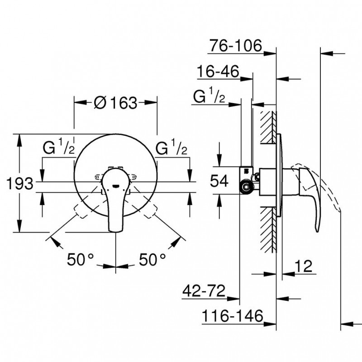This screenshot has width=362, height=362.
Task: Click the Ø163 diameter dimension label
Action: coord(116,103)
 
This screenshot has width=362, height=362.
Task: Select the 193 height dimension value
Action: coord(20,184)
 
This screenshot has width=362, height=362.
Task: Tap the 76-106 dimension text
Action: coord(236,46)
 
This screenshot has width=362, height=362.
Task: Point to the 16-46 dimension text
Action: coord(218,71)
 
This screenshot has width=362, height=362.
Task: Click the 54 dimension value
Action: coord(219,181)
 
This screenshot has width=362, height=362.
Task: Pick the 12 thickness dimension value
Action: coord(303,266)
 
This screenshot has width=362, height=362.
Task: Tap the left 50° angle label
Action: coord(81,259)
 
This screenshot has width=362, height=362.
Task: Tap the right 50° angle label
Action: coord(152,259)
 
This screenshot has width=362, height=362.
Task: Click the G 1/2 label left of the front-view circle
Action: coord(59,146)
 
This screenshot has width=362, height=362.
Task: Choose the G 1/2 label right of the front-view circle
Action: coord(171,146)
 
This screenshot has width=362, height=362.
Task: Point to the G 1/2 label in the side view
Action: coord(209,95)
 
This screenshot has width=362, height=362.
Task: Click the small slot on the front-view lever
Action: coord(115,186)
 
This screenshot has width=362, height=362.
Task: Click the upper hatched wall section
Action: coord(268,128)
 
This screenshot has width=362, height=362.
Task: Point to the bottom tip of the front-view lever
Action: coord(115,232)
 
